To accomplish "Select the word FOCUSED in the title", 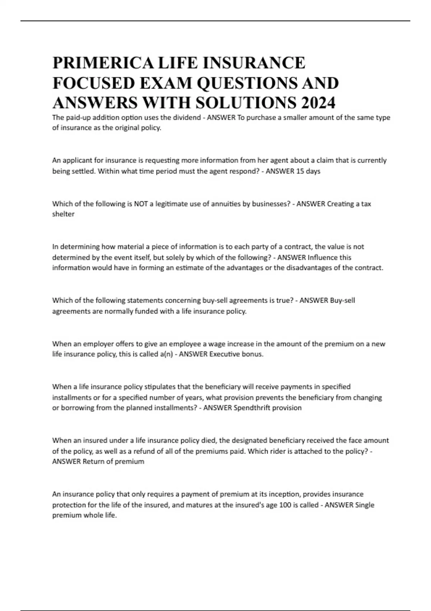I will pos(93,83).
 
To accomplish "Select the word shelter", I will pos(63,214).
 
